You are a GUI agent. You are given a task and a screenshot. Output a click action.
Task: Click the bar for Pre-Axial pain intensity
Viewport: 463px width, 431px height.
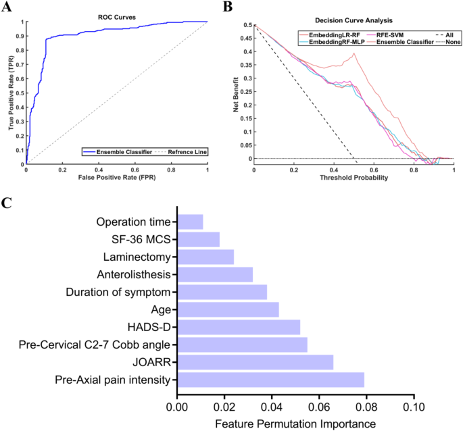270,380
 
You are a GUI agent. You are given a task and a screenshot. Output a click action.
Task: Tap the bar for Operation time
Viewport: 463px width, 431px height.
190,222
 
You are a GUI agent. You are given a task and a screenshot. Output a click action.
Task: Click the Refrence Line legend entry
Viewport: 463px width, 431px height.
182,152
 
